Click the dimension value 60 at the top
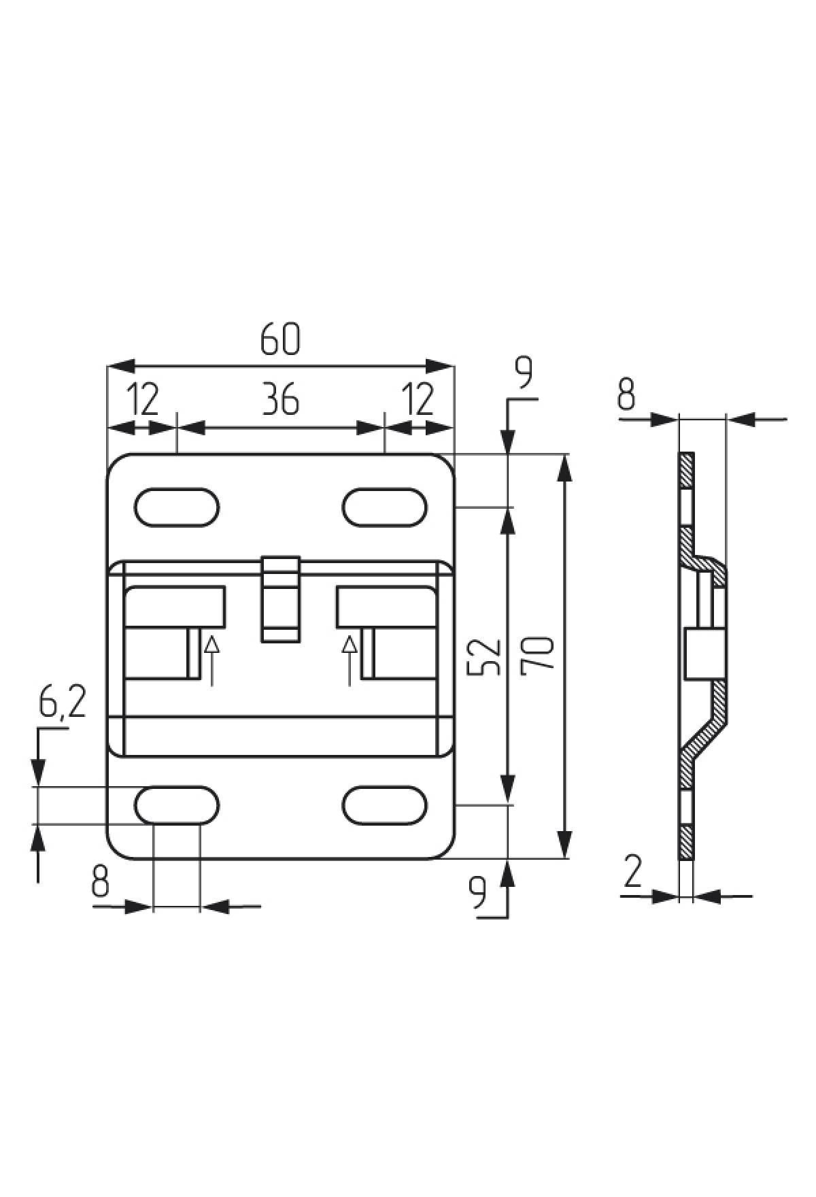click(x=279, y=339)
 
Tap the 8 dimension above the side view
click(x=626, y=394)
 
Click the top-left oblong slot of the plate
click(x=177, y=507)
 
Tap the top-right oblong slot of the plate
click(x=385, y=507)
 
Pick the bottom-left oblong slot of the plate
click(x=177, y=805)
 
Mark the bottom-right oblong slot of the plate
click(x=385, y=805)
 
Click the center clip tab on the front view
click(x=281, y=598)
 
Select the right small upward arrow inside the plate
click(x=350, y=660)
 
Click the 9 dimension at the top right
click(x=524, y=372)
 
